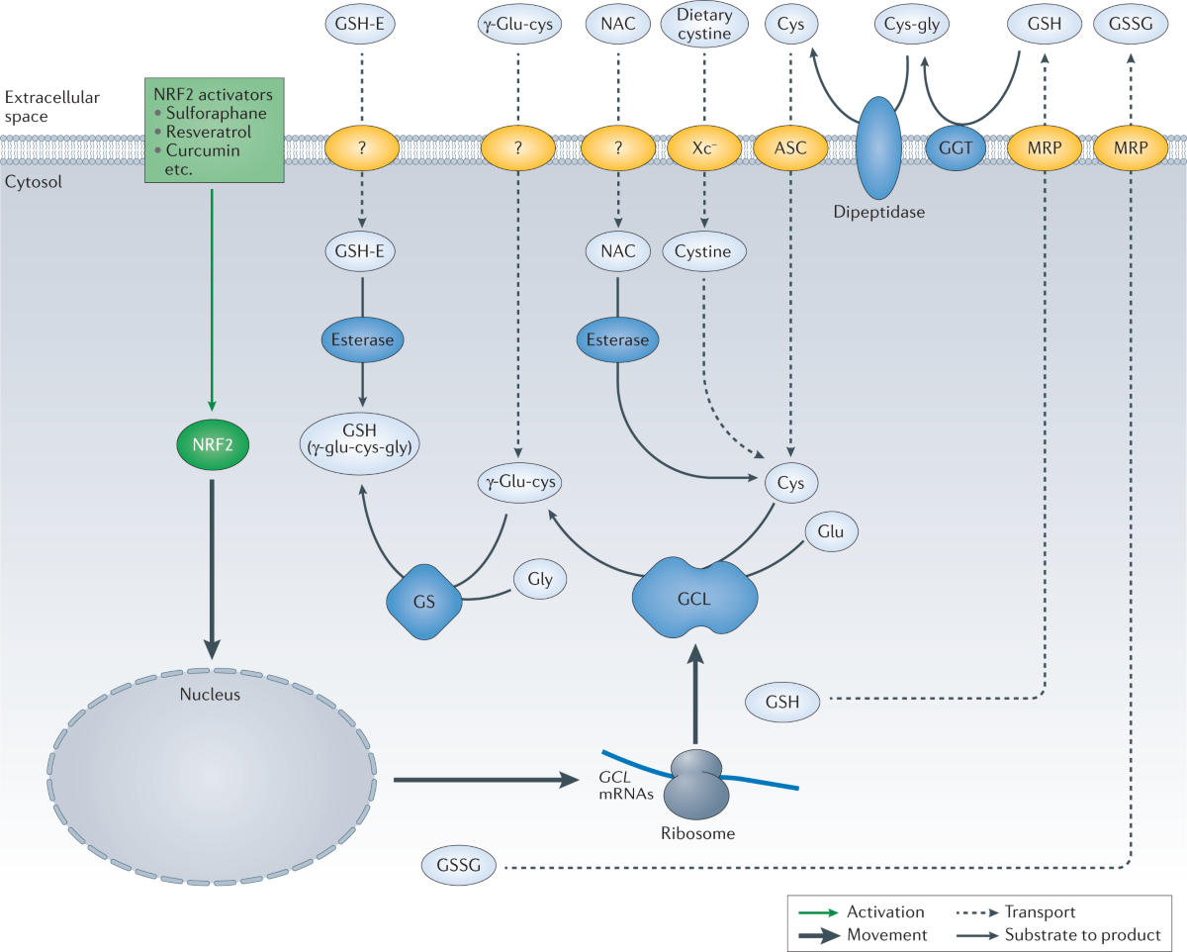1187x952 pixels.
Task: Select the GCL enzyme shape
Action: click(x=694, y=599)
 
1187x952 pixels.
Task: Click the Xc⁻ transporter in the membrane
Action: click(x=704, y=148)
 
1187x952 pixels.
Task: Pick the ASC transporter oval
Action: click(x=791, y=148)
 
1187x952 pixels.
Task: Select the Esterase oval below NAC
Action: click(x=618, y=339)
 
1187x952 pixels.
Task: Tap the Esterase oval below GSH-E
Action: click(x=363, y=339)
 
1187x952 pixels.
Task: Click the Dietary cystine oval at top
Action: click(x=704, y=25)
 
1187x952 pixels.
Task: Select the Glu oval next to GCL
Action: click(x=831, y=531)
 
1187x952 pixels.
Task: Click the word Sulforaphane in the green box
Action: click(x=217, y=114)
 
